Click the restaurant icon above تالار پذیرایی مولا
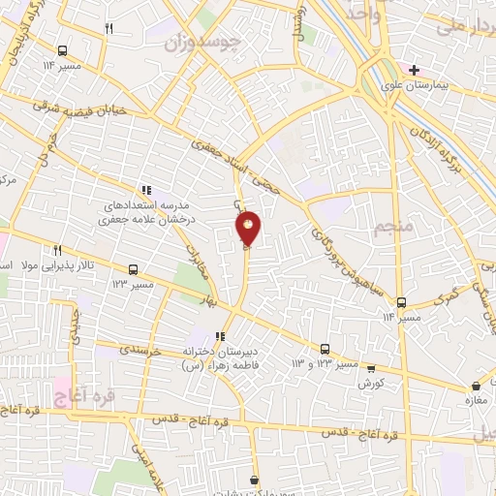tap(58, 249)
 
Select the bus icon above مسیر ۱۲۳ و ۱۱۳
tap(325, 350)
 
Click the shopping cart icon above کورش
tap(366, 370)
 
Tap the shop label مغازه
tap(475, 399)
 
